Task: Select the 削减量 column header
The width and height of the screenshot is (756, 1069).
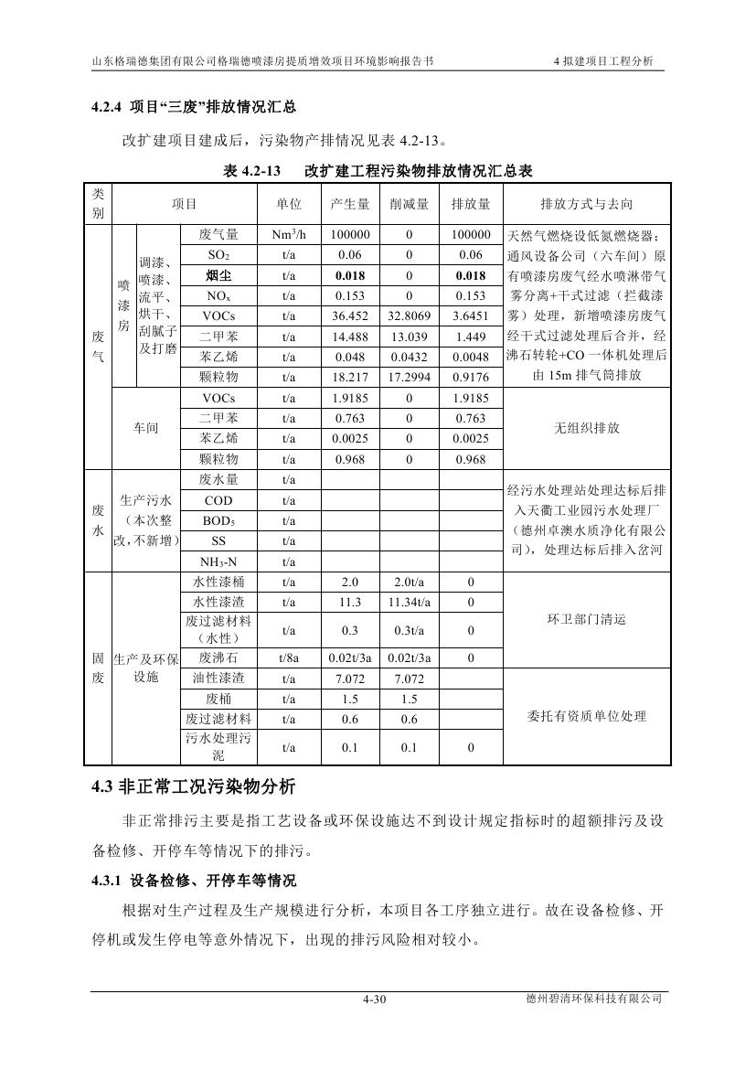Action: point(409,204)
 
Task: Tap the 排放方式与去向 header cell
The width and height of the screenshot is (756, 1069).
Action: point(586,204)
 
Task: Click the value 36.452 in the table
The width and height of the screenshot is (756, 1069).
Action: point(350,315)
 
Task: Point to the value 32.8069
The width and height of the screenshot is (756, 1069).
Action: point(409,315)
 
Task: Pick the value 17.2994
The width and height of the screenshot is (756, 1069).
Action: point(409,377)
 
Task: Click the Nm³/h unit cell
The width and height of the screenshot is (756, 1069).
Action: point(289,235)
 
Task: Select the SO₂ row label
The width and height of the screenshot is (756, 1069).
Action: point(218,255)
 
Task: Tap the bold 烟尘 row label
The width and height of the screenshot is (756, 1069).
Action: point(218,275)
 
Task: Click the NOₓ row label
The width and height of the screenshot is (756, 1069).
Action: point(218,295)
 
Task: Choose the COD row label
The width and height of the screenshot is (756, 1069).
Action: point(218,500)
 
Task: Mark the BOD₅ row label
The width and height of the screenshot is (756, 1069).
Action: point(218,520)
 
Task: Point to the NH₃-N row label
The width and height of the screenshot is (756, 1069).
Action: point(218,561)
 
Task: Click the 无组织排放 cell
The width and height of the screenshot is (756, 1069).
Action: point(586,428)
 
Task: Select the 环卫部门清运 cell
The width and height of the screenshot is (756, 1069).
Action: point(586,619)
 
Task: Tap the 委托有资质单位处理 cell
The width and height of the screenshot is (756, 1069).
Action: point(586,716)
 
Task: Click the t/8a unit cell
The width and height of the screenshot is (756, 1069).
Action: point(289,657)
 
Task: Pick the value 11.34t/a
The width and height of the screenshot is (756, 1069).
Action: point(409,602)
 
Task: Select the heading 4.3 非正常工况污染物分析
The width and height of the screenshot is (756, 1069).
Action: point(194,786)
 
